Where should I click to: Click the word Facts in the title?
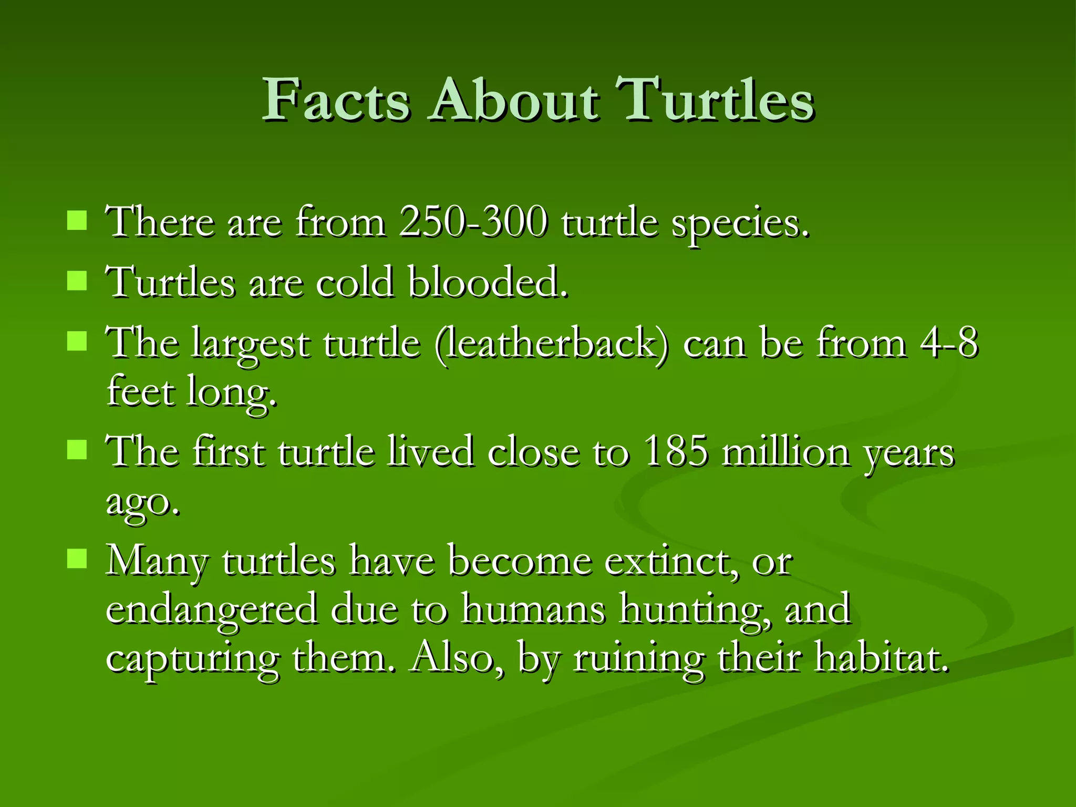336,100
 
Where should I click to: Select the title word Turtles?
715,100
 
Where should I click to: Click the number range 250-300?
473,222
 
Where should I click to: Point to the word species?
741,224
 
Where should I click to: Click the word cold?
355,282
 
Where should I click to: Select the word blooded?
489,282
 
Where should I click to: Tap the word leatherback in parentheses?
552,344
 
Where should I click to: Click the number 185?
676,451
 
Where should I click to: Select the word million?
785,451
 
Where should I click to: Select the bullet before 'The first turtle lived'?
77,450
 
